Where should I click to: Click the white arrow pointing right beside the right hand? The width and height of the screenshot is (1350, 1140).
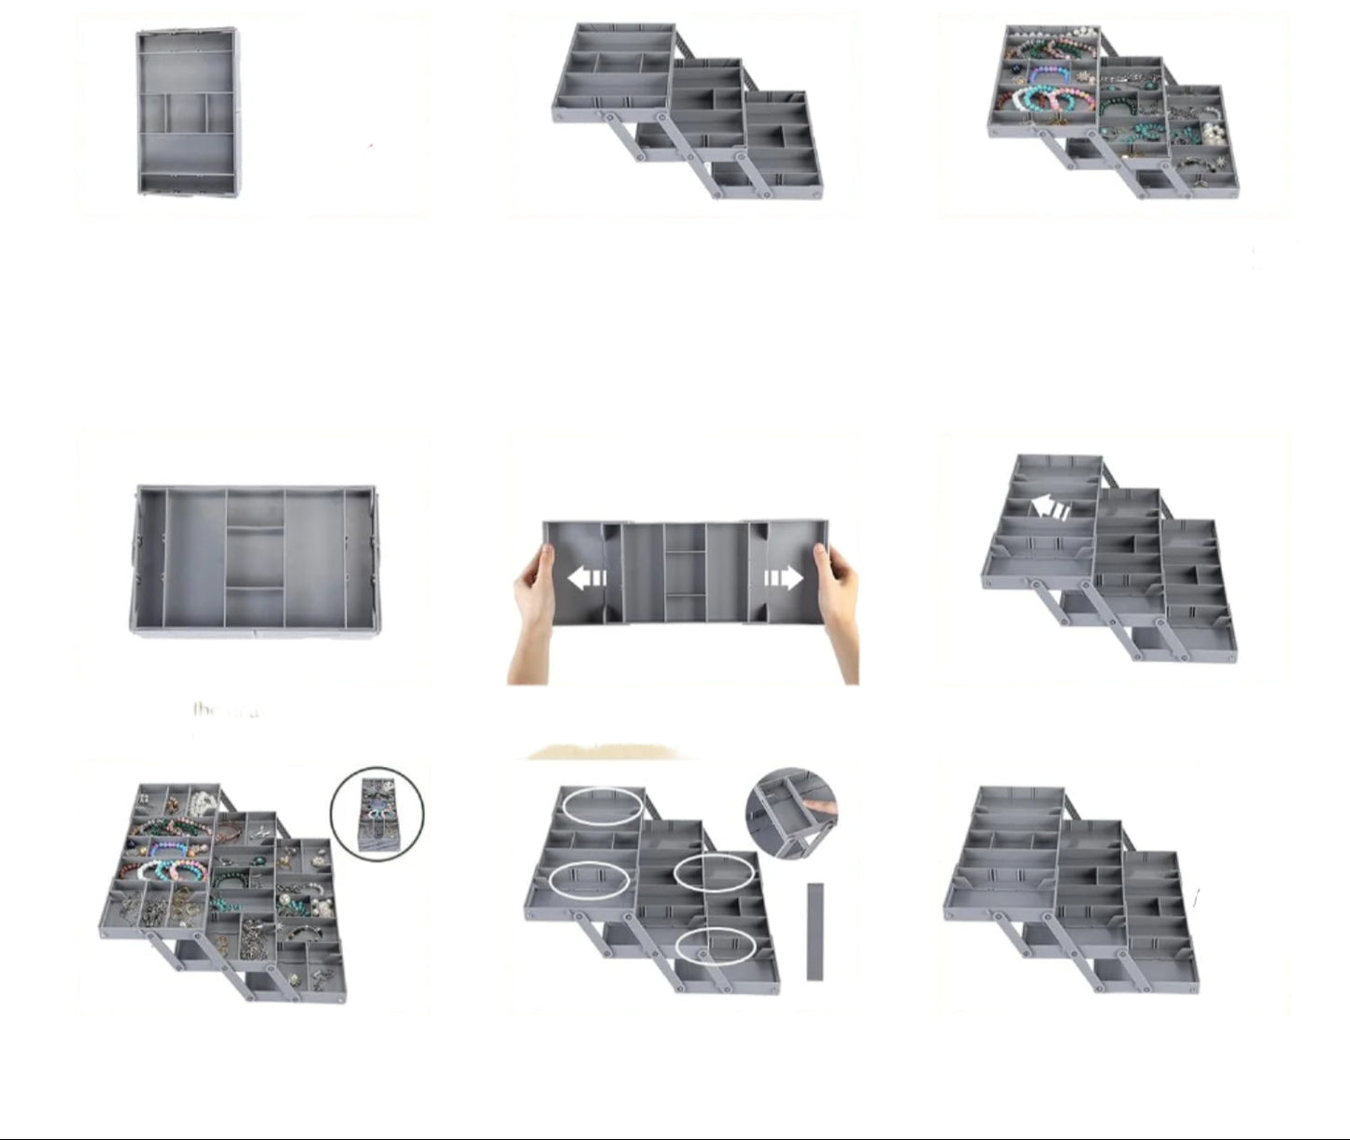click(x=784, y=578)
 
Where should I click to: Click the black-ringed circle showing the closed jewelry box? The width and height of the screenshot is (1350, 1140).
click(x=377, y=813)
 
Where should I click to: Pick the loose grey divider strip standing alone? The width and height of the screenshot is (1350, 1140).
click(x=815, y=931)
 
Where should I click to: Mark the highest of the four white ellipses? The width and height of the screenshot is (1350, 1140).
click(x=603, y=805)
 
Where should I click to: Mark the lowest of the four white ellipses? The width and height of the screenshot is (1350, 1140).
click(x=716, y=947)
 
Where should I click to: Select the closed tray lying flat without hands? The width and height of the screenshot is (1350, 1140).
click(x=255, y=561)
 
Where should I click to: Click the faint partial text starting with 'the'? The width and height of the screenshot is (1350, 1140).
click(x=226, y=710)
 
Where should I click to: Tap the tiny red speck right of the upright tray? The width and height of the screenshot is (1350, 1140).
click(x=371, y=146)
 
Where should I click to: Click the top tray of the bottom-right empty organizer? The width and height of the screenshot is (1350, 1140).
click(x=1005, y=850)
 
